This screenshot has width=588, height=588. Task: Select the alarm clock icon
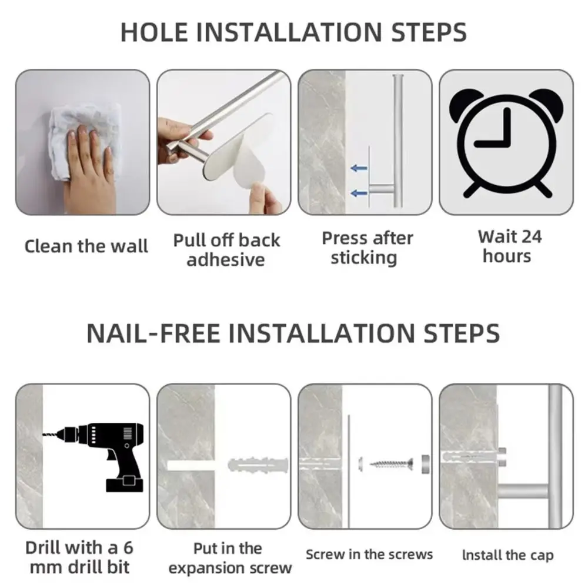click(x=506, y=141)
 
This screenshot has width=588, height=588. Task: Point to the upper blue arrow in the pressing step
click(x=359, y=169)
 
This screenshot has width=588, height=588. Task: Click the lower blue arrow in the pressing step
click(x=359, y=193)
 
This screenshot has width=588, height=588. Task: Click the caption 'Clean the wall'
click(x=86, y=246)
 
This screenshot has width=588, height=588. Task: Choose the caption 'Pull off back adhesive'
click(x=226, y=249)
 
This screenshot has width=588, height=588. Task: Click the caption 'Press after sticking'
click(x=367, y=248)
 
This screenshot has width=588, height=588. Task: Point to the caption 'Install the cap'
click(x=507, y=554)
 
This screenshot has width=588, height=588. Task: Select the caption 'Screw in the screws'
click(x=369, y=554)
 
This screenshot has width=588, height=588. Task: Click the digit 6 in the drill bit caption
click(x=128, y=547)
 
